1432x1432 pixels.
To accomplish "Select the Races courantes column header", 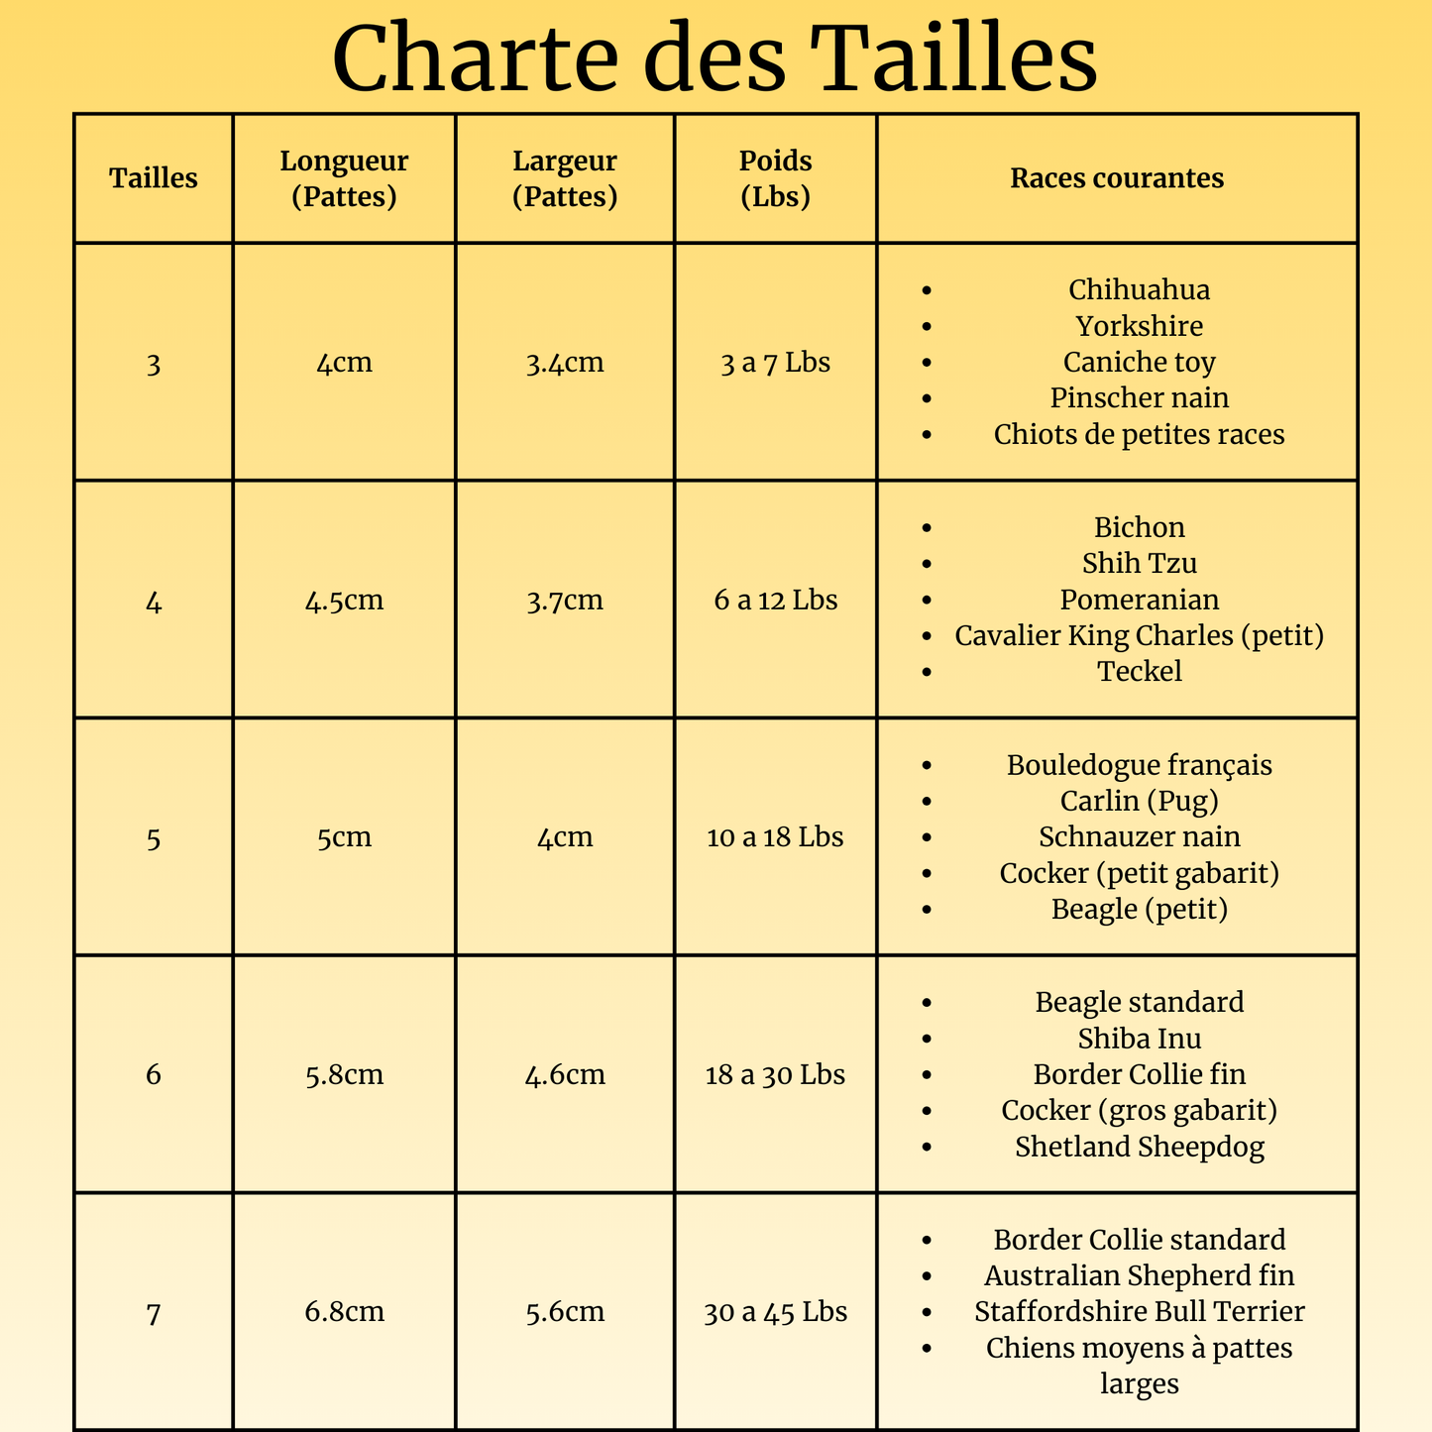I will (1117, 178).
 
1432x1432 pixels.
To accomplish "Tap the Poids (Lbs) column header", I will (775, 178).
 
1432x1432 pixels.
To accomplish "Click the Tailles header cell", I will (154, 178).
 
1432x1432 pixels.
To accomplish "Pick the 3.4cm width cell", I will (565, 363).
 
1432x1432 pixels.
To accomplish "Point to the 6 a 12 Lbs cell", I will (775, 600).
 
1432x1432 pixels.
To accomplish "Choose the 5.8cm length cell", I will (344, 1074).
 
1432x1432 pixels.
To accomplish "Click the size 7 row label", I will (153, 1313).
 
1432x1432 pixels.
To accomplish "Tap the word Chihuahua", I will (1139, 289).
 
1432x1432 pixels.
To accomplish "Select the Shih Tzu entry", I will (1139, 563).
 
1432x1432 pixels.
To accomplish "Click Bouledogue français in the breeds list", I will (1139, 765).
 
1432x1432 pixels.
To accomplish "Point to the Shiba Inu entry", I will (1139, 1039).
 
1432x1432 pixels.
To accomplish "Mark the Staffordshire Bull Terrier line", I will (1139, 1312).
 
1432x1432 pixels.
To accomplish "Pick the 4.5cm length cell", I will (344, 601).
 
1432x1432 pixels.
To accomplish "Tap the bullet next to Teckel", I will (927, 672).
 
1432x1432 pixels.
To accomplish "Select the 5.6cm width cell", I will (565, 1312).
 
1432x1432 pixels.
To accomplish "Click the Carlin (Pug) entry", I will (1139, 801).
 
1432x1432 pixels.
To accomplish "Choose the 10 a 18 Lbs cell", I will (775, 837).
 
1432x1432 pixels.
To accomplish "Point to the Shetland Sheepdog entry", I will (1139, 1147).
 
